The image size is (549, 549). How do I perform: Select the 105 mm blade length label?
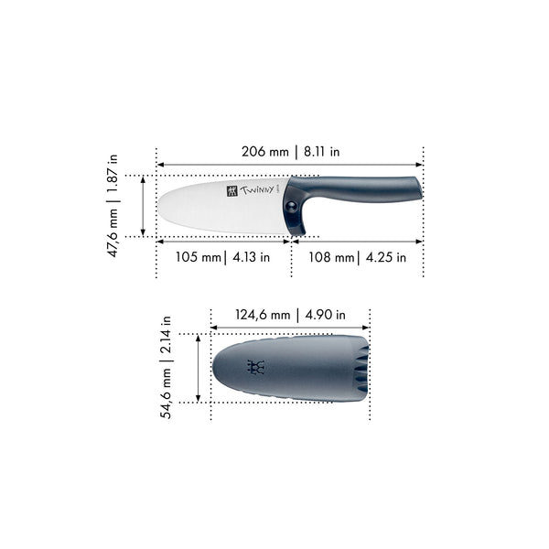(199, 257)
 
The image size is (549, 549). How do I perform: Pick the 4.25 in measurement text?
(384, 257)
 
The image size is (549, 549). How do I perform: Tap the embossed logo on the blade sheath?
(255, 368)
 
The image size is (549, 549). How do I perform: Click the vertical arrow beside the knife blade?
(144, 206)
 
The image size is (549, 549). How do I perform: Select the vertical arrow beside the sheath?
(199, 368)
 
